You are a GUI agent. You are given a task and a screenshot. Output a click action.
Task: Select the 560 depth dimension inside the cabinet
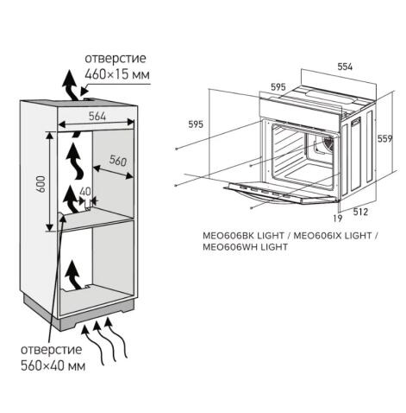117,160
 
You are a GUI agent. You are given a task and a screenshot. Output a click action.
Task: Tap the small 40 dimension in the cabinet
84,192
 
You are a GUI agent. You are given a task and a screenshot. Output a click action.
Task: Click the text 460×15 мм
116,75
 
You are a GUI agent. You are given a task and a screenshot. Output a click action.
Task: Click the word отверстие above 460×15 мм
115,59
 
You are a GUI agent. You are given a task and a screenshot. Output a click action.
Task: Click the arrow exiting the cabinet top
66,86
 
